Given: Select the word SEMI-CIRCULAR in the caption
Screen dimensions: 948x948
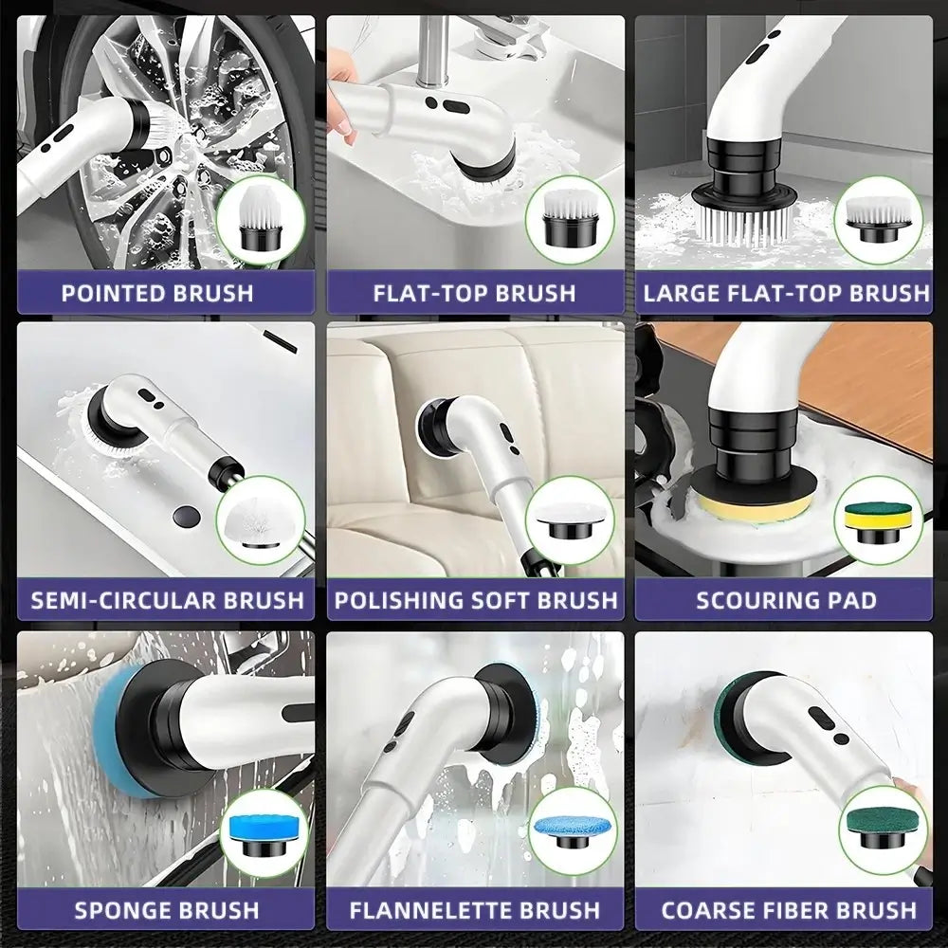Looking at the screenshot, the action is tap(124, 600).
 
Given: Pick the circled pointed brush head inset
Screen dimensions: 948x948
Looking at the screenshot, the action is tap(262, 220).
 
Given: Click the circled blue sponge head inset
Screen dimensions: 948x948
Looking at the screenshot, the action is tap(264, 833).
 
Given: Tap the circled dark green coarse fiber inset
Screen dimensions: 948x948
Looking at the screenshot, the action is tap(884, 829).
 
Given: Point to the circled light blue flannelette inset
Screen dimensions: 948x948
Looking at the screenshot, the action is tap(574, 831).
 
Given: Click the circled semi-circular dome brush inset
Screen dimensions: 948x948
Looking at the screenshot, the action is tap(262, 520).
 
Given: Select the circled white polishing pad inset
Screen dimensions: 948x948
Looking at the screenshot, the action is tap(570, 520).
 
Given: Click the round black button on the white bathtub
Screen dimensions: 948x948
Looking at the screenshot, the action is tap(186, 517).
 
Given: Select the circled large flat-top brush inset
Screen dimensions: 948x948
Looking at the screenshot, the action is tap(879, 220).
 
